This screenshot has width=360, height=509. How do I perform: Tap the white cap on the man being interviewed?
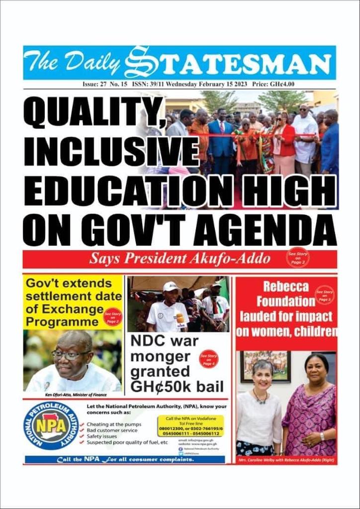point(171,286)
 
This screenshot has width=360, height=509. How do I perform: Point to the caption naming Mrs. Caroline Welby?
point(285,460)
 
